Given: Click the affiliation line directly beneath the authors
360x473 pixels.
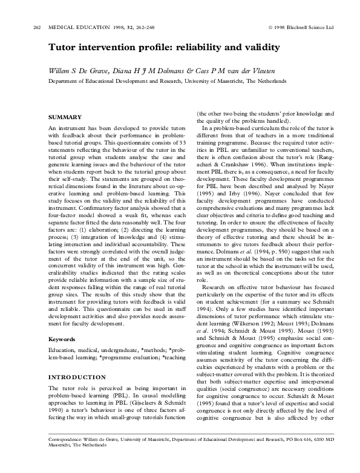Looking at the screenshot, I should (x=168, y=80).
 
